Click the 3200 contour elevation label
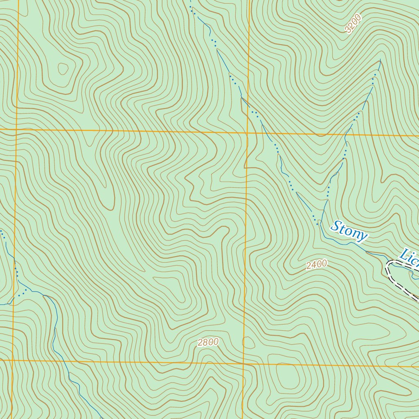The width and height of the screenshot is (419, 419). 353,24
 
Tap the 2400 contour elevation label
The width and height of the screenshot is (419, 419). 316,265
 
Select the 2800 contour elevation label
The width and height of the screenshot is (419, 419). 208,342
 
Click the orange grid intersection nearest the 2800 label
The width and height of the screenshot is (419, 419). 243,363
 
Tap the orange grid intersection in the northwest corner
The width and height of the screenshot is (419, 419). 16,130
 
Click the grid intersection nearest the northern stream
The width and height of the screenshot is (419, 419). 248,133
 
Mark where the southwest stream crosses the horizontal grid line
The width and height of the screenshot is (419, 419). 64,361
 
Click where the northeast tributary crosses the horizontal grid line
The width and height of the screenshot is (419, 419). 348,134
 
